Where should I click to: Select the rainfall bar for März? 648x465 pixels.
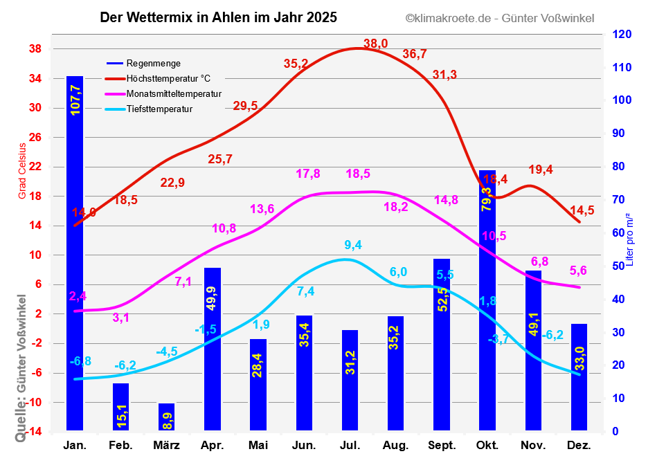[x=166, y=417]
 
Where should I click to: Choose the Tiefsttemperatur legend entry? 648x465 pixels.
[x=159, y=109]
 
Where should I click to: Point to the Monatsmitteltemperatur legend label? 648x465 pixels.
[x=174, y=94]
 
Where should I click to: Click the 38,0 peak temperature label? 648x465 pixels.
[x=375, y=44]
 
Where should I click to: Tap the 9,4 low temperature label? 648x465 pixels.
[x=353, y=244]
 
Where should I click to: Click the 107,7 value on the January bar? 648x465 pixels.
[x=75, y=98]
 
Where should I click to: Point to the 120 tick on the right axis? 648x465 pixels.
[x=621, y=35]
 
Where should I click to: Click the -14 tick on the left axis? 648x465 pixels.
[x=33, y=432]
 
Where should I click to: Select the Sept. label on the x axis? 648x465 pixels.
[x=442, y=445]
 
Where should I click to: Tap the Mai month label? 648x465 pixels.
[x=258, y=445]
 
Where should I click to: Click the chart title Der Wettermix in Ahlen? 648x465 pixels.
[x=219, y=18]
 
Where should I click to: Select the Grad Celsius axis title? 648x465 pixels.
[x=22, y=171]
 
